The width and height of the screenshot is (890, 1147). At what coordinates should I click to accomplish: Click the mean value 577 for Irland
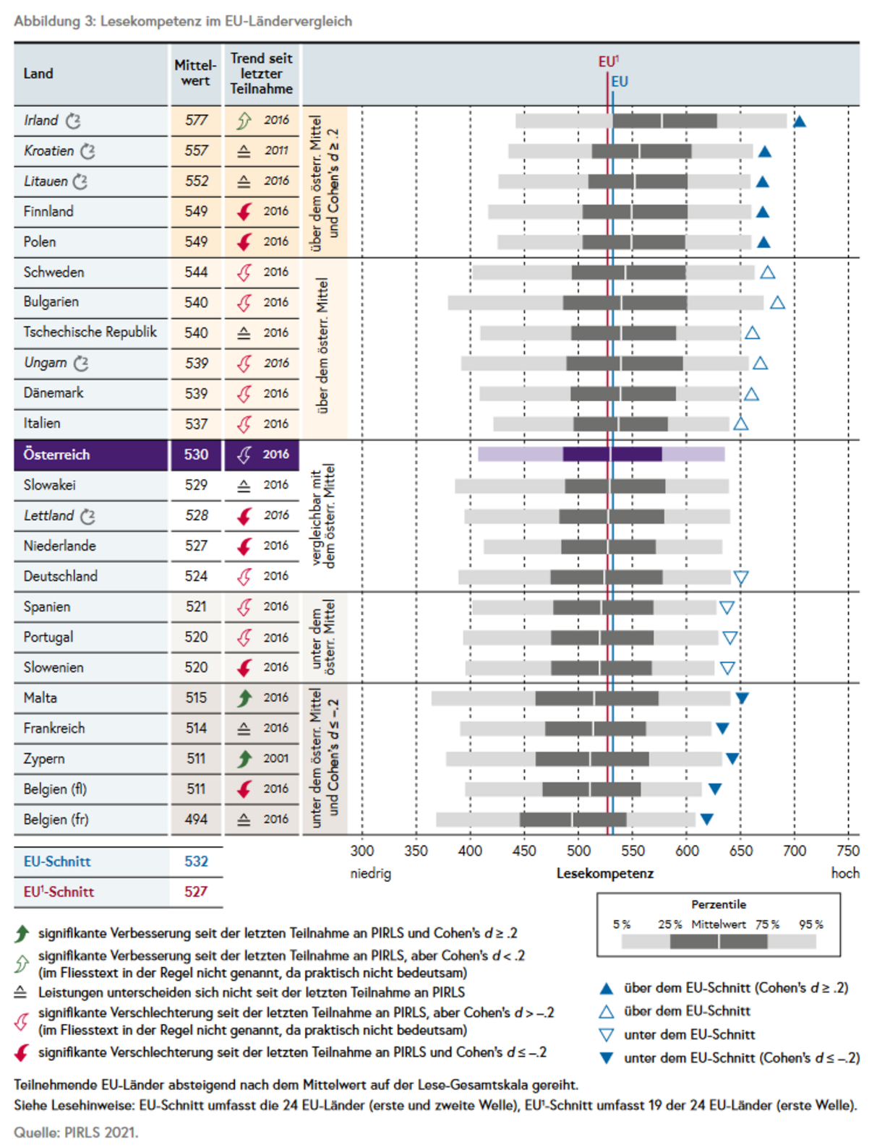[196, 121]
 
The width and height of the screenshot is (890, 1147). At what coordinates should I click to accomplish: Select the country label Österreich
[56, 455]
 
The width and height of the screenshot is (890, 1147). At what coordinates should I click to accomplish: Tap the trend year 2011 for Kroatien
[276, 151]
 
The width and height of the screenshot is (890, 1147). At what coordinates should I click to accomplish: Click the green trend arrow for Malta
[244, 697]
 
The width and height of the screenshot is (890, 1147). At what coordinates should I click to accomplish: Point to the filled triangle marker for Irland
[799, 122]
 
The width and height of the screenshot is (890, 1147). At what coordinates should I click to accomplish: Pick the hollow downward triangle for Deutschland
[740, 577]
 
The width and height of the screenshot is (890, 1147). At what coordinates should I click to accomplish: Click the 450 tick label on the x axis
[524, 851]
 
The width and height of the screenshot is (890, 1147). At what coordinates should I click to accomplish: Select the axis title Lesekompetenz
[605, 873]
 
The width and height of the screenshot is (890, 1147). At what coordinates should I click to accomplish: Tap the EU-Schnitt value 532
[196, 862]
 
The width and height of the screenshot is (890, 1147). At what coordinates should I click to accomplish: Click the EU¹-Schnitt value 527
[196, 892]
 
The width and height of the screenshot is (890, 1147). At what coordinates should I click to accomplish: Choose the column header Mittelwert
[195, 73]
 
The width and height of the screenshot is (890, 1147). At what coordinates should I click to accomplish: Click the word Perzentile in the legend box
[719, 904]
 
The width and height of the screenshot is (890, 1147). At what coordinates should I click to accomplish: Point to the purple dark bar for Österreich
[612, 454]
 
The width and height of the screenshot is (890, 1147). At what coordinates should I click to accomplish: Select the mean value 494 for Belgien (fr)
[196, 819]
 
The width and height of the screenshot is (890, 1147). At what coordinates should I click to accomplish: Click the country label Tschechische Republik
[90, 332]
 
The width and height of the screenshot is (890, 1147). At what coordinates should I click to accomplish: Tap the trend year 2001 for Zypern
[276, 758]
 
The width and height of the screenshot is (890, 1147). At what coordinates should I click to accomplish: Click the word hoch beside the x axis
[845, 873]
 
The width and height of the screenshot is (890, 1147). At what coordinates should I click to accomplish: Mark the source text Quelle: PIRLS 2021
[76, 1133]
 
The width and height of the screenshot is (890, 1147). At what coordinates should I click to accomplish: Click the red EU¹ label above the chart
[608, 61]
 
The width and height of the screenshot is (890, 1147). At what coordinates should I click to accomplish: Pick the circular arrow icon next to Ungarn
[81, 363]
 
